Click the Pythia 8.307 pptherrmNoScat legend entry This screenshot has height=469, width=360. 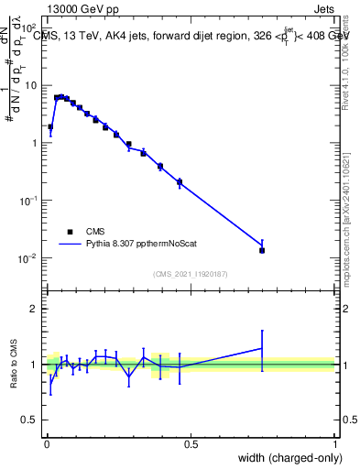[x=128, y=245]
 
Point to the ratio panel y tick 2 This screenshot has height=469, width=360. [x=33, y=309]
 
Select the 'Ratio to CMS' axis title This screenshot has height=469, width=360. [x=13, y=365]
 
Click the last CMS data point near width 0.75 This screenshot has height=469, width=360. [x=262, y=250]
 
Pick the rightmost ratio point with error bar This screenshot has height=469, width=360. [x=262, y=348]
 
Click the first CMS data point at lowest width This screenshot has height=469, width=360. [x=50, y=127]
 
